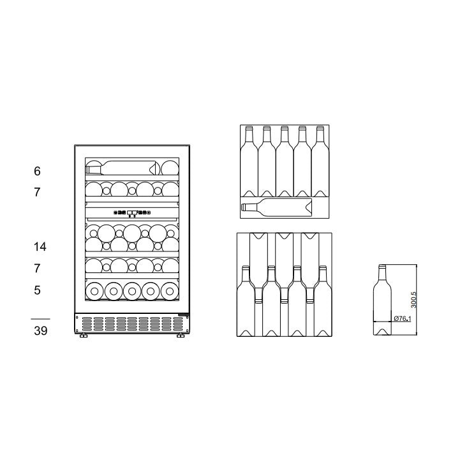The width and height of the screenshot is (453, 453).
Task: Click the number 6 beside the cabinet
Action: (37, 171)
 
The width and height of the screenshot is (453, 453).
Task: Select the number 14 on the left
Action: (40, 246)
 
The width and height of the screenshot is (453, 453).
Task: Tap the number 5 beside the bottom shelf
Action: (37, 290)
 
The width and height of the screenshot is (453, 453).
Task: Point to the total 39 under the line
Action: (40, 330)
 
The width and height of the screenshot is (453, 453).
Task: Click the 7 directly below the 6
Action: (37, 191)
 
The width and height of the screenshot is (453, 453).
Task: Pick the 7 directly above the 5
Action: (37, 269)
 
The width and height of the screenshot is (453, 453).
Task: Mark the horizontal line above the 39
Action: (40, 318)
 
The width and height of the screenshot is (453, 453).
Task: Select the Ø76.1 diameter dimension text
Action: (402, 318)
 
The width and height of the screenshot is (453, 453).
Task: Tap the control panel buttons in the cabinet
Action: (132, 212)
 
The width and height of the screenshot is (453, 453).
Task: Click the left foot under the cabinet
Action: (83, 335)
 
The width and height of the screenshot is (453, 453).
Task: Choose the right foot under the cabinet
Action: (181, 335)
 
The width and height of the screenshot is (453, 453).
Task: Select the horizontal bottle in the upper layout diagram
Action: (276, 207)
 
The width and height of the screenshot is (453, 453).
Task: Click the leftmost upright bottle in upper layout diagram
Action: (249, 160)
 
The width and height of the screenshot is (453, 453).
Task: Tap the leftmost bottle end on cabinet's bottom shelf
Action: (94, 290)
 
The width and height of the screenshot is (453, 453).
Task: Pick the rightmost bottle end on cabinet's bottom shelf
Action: (169, 290)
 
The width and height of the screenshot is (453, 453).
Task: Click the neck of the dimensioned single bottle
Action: (382, 274)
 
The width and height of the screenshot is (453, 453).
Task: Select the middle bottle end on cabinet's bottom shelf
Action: (132, 290)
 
